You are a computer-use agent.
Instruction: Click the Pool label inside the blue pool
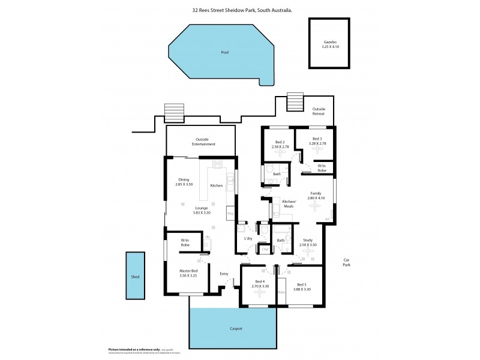point(224,52)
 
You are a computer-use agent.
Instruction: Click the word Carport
point(236,329)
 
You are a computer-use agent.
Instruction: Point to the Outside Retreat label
point(319,111)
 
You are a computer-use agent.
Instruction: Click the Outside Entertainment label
point(201,142)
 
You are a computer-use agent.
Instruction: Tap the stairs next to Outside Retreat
point(296,102)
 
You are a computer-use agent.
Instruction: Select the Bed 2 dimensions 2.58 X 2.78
point(280,146)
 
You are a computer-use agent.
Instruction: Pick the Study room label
point(308,240)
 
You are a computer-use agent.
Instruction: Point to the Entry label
point(224,274)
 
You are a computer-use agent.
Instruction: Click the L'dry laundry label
point(248,239)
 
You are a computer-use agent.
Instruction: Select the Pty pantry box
point(230,212)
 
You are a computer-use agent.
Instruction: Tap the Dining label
point(184,179)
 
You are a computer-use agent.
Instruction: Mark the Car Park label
point(346,262)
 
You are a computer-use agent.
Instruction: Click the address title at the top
point(242,10)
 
